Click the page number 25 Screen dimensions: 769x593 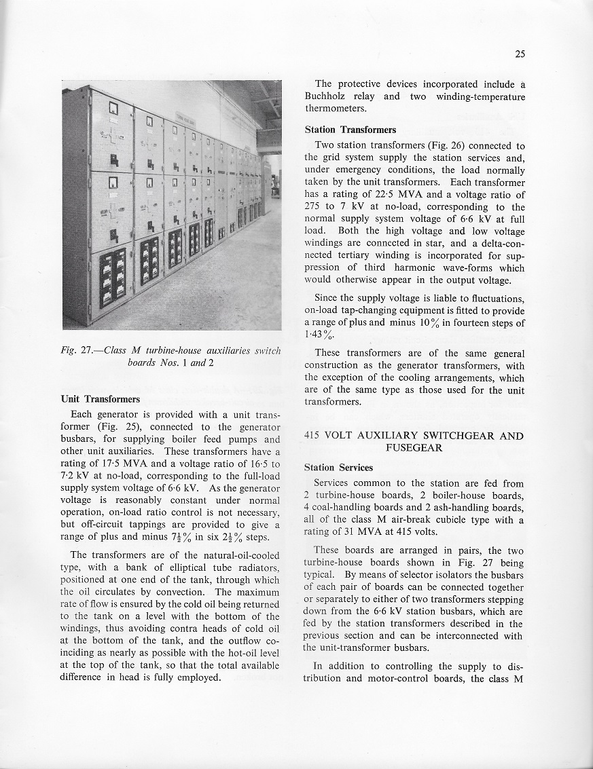pos(520,54)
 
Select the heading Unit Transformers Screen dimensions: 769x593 pos(101,398)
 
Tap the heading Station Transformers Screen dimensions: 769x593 pos(351,130)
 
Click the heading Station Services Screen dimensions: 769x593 pos(338,467)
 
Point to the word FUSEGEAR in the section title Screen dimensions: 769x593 pos(414,448)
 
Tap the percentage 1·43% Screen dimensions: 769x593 pos(318,335)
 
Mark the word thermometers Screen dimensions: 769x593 pos(336,109)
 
